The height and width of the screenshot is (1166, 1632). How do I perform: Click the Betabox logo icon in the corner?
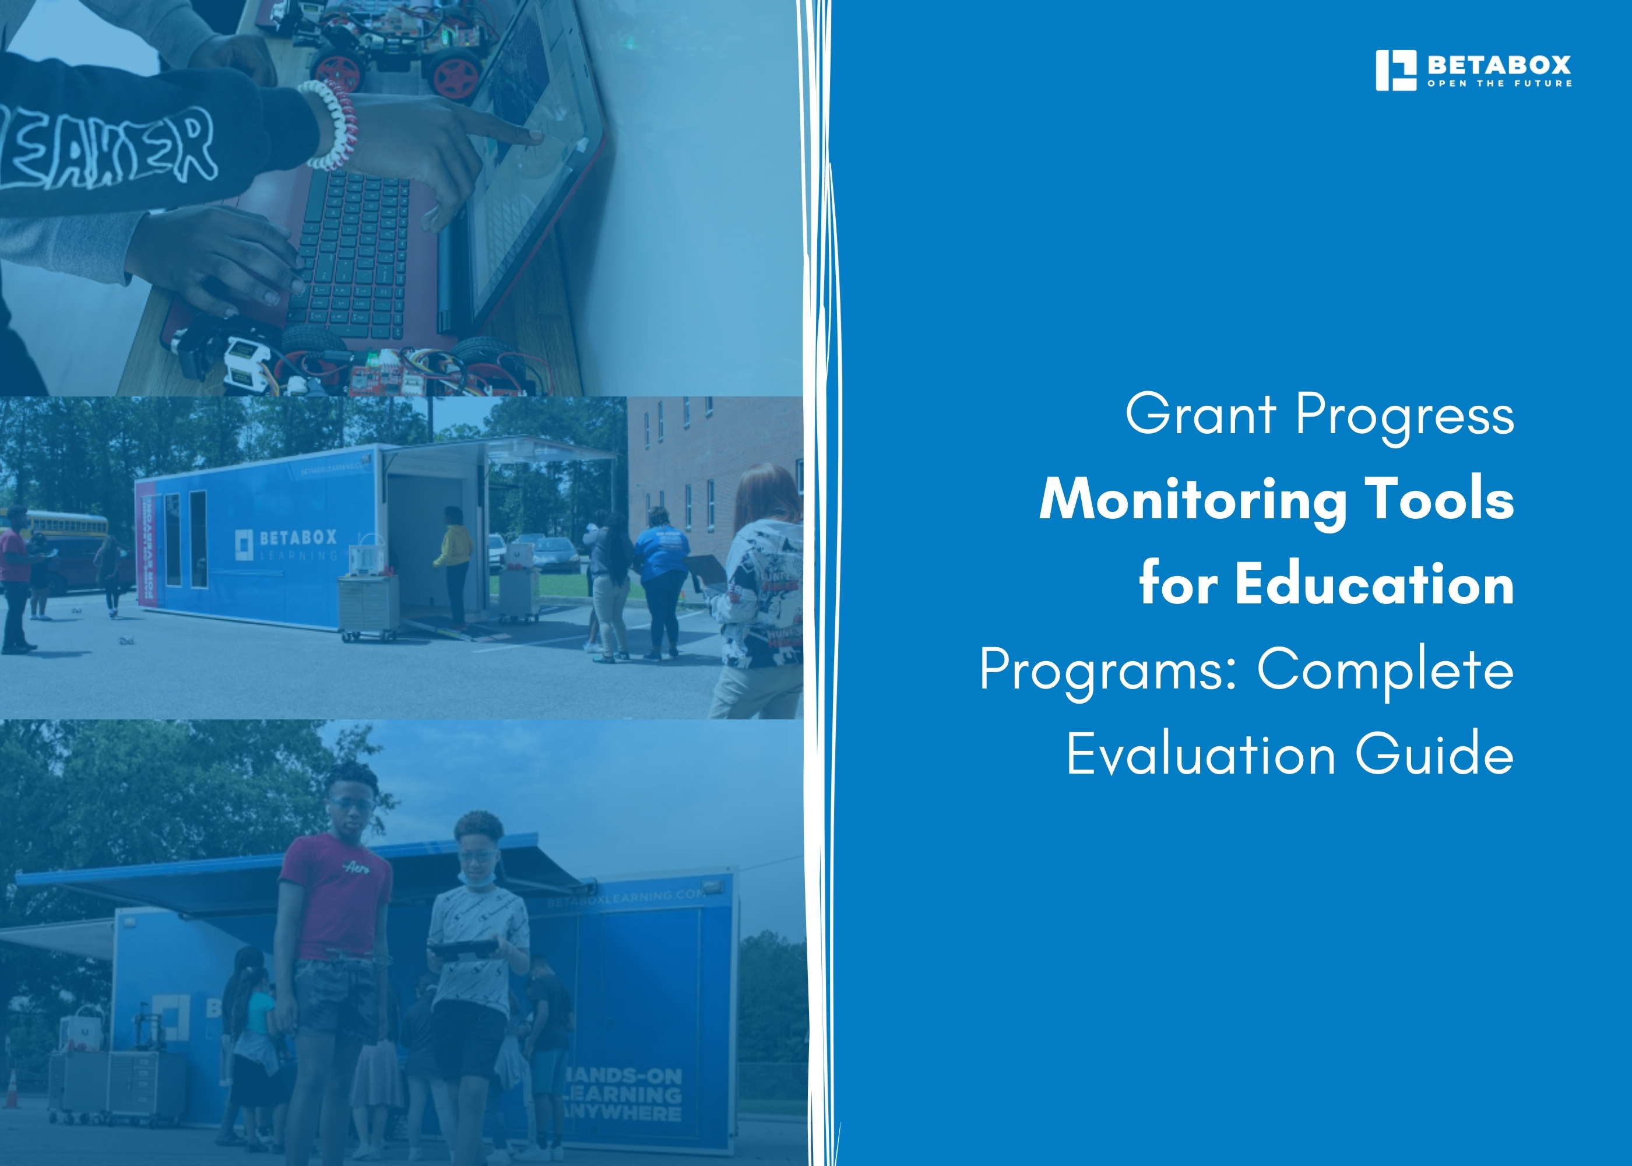point(1395,71)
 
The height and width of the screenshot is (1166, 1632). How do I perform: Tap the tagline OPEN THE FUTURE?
point(1499,84)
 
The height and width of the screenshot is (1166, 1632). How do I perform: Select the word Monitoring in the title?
point(1192,500)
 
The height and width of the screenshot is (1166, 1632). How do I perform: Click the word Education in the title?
point(1374,584)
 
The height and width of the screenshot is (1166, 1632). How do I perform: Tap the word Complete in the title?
point(1385,669)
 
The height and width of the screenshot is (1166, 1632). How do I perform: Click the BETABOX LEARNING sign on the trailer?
point(287,544)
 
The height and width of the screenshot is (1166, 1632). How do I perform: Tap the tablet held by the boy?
point(465,949)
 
